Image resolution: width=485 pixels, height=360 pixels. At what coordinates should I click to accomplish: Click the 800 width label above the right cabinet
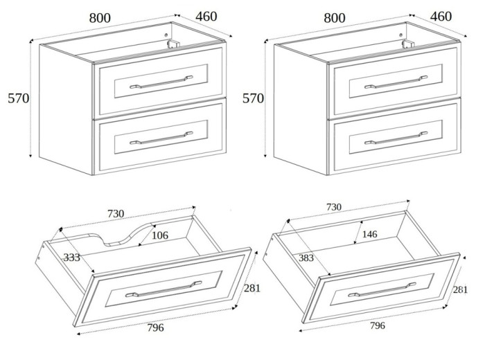pos(335,18)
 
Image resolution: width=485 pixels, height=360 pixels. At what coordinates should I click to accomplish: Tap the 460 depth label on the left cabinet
pos(206,17)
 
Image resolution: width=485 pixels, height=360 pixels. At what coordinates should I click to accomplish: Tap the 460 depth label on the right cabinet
pos(441,17)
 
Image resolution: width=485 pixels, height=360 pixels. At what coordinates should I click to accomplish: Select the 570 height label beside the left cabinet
pos(19,98)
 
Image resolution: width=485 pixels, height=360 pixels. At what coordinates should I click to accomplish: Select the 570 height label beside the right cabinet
pos(253,98)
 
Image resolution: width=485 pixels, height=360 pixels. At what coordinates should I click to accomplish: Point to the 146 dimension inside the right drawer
pos(370,235)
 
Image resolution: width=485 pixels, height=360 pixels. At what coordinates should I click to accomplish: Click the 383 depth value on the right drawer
pos(306,258)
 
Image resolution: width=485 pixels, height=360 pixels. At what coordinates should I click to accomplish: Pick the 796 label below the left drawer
pos(155,327)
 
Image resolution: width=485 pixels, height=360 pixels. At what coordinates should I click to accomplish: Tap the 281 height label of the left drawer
pos(252,288)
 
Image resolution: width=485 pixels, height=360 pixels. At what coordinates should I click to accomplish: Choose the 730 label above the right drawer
pos(333,207)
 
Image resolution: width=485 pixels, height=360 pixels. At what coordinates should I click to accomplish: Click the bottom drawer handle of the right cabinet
pos(396,138)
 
